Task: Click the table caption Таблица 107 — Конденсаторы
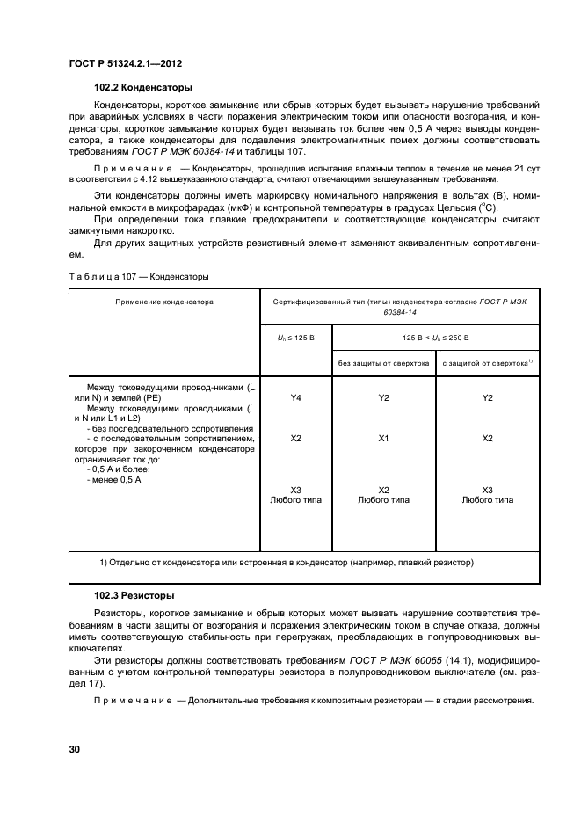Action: click(138, 277)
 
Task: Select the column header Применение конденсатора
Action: click(164, 302)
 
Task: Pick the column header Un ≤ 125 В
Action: click(295, 337)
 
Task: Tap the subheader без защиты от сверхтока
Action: click(383, 361)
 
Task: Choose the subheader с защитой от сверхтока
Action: click(488, 361)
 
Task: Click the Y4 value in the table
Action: click(295, 398)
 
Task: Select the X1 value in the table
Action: click(383, 437)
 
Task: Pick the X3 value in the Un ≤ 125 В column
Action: click(295, 489)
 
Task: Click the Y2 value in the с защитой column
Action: click(488, 398)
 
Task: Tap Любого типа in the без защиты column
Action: click(383, 499)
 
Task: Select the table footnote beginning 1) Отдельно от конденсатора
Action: click(287, 561)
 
